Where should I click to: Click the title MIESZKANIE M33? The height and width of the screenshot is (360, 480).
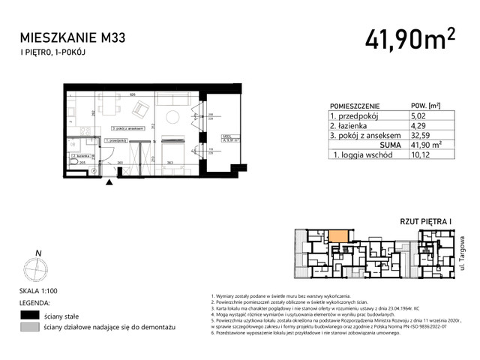pos(73,36)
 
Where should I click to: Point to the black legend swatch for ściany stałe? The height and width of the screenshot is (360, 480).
pos(29,316)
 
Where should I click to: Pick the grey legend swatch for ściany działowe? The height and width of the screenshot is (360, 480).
pos(29,328)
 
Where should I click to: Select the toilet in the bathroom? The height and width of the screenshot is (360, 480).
pos(72,160)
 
